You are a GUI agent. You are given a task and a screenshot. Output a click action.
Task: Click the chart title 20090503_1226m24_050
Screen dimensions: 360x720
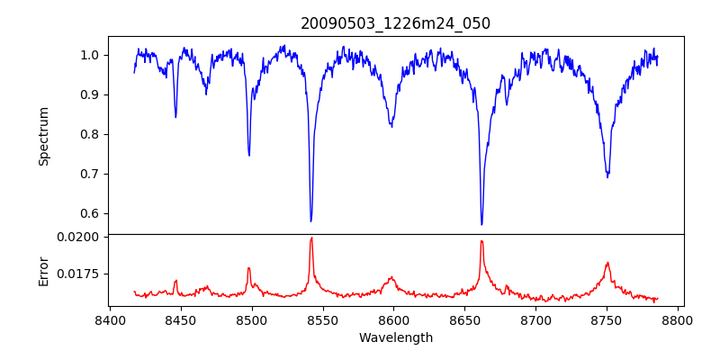click(x=396, y=23)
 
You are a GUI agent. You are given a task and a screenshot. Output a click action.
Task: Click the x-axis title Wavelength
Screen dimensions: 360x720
click(x=396, y=337)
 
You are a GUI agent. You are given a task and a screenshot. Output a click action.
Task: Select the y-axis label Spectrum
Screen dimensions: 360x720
click(x=43, y=136)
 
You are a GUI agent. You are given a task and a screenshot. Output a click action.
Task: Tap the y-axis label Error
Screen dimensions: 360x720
click(x=43, y=271)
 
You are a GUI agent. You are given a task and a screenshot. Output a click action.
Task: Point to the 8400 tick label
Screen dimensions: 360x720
click(x=110, y=320)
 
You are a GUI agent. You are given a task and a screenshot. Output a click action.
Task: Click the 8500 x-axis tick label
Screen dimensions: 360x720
click(x=252, y=320)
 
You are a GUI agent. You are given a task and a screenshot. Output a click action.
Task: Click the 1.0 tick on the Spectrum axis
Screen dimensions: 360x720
click(x=90, y=55)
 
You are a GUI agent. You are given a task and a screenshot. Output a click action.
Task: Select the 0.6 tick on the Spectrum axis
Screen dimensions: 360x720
click(x=90, y=213)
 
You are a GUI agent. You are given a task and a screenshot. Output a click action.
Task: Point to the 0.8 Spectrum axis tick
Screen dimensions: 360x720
click(x=90, y=134)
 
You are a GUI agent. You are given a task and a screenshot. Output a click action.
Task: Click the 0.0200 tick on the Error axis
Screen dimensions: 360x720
click(x=81, y=237)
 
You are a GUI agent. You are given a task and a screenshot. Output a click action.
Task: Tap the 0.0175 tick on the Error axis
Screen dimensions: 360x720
click(x=81, y=274)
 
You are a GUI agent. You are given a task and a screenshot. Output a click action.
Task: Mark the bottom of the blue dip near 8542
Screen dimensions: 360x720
click(x=311, y=221)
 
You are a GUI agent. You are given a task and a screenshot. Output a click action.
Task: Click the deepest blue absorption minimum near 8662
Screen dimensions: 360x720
click(x=481, y=225)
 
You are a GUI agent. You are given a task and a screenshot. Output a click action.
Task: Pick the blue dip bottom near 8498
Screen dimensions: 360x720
click(x=249, y=156)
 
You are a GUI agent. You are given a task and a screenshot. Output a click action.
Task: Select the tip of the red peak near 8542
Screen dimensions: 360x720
click(x=311, y=238)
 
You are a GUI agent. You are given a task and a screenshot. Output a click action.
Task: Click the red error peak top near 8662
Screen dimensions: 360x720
click(x=481, y=240)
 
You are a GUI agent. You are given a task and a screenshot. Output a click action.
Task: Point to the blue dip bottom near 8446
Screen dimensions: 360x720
click(x=175, y=117)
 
